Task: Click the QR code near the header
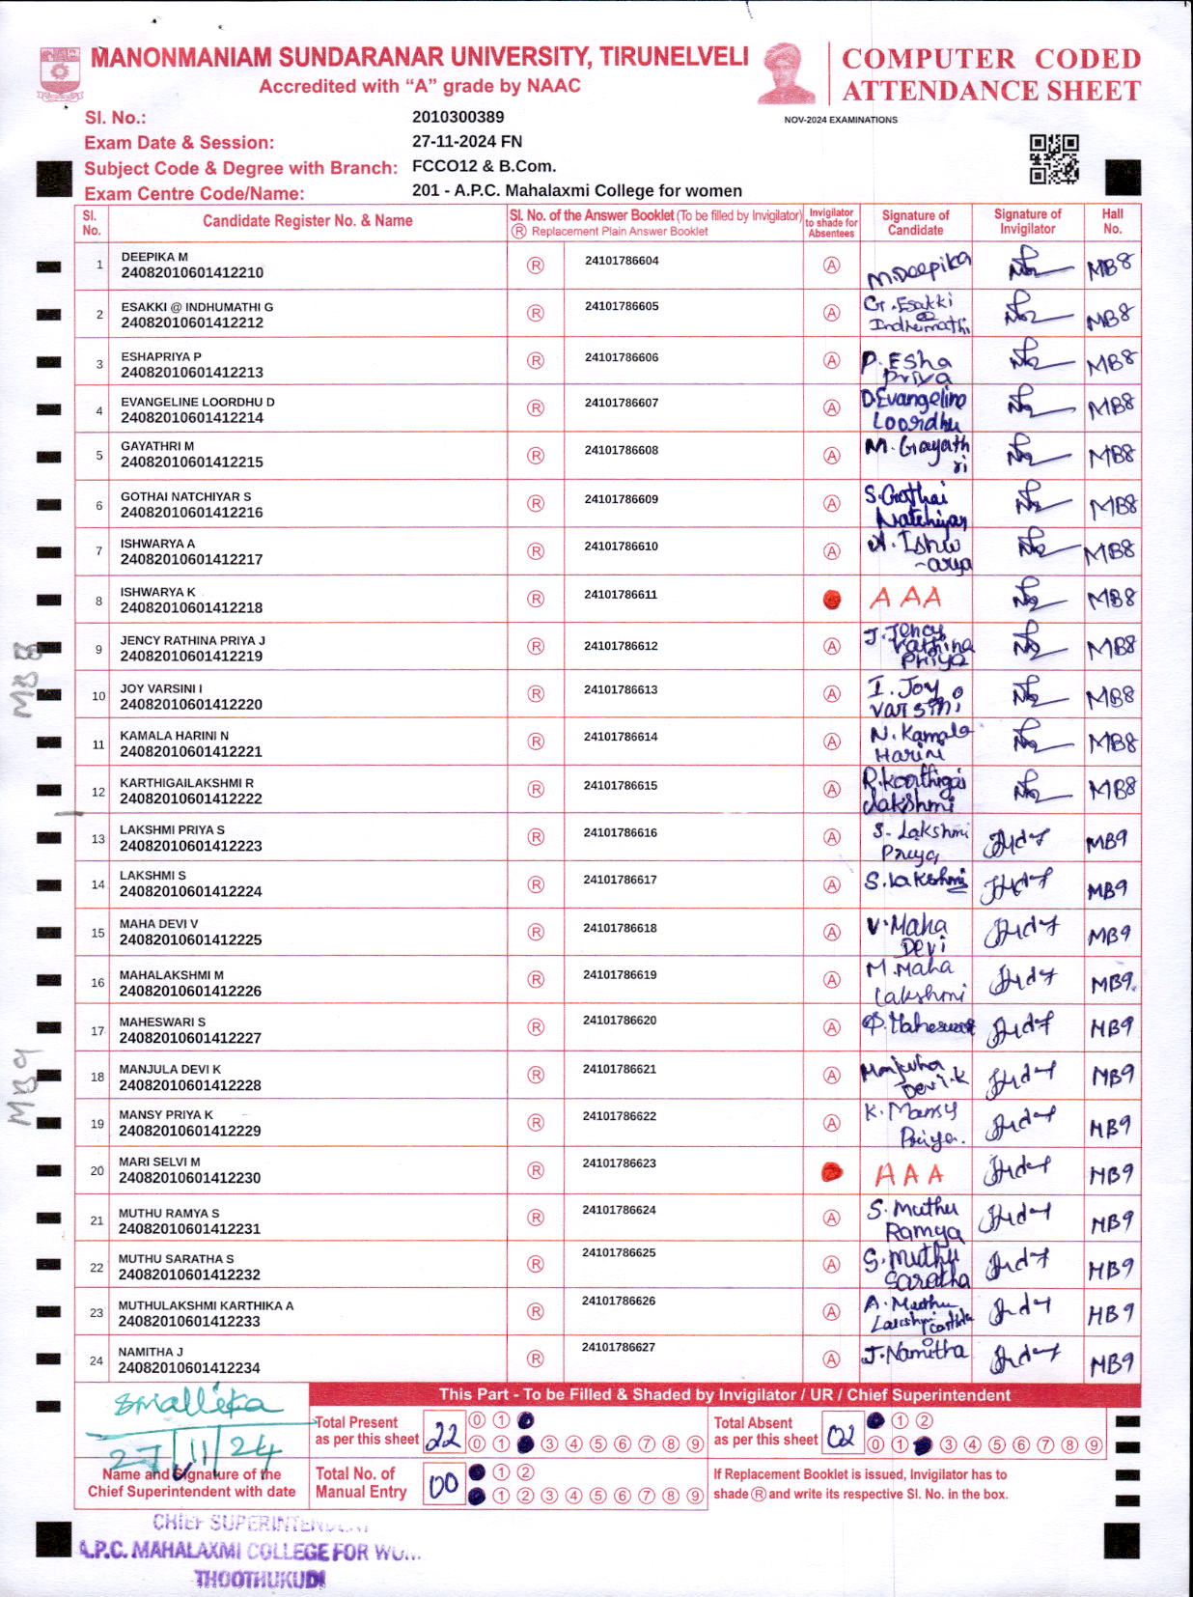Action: [1053, 158]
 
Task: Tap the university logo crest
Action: [60, 73]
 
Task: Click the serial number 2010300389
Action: [458, 117]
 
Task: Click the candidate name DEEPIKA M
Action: [154, 257]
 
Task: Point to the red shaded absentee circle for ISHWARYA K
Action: [831, 600]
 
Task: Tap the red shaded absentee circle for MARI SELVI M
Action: [831, 1172]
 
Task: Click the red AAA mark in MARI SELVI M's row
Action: [908, 1175]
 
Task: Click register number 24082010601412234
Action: [189, 1368]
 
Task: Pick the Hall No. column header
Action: [1112, 221]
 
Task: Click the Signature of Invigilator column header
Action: [1027, 221]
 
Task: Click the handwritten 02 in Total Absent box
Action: [841, 1437]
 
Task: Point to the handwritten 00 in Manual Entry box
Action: [444, 1484]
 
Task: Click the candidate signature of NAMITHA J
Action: [914, 1353]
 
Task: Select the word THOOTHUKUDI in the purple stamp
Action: [260, 1580]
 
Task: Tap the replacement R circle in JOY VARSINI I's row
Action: [536, 694]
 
